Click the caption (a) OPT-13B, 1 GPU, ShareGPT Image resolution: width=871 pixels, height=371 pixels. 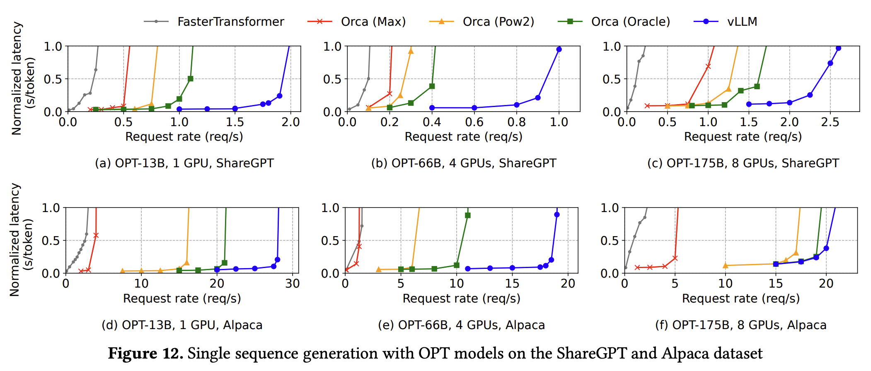(x=184, y=163)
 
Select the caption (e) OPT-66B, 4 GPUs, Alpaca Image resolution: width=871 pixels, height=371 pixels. (x=461, y=325)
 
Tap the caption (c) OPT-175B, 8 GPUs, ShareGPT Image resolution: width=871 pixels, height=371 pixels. (x=743, y=163)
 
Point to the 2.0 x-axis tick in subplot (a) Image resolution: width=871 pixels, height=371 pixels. (x=290, y=122)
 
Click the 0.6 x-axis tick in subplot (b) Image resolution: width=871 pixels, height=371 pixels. (x=474, y=122)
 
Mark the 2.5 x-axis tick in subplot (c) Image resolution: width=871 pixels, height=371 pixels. (x=830, y=122)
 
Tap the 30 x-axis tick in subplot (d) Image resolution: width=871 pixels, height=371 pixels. (x=293, y=284)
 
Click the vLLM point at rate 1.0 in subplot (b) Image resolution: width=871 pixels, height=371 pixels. (x=559, y=49)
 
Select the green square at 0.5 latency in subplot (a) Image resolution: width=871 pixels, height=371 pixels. (x=191, y=78)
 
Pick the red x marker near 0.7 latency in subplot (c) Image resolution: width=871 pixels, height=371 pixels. (x=708, y=66)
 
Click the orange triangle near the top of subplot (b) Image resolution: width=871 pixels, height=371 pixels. (x=411, y=51)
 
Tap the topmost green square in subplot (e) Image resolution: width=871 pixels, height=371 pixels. (x=468, y=215)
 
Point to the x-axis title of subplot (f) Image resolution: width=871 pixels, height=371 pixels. (x=741, y=298)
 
